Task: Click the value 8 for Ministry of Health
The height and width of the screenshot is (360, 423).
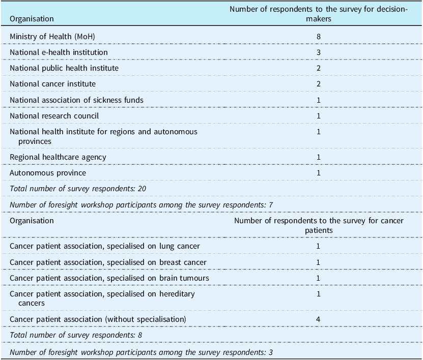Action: tap(319, 37)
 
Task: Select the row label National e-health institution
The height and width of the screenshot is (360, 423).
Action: tap(59, 52)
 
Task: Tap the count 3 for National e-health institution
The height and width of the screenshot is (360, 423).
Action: tap(319, 52)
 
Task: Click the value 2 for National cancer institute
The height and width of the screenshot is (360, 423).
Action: tap(319, 84)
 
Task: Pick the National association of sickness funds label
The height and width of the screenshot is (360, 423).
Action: tap(76, 100)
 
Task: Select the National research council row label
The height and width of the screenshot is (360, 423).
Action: tap(54, 116)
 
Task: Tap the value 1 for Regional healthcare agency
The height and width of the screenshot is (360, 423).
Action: tap(319, 157)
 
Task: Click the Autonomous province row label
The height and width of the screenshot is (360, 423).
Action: tap(48, 173)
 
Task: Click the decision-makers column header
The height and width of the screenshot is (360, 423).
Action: tap(319, 14)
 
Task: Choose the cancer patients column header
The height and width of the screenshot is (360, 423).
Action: tap(319, 225)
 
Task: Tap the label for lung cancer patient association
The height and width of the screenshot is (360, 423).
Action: tap(104, 246)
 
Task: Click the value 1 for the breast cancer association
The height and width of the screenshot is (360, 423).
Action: tap(319, 262)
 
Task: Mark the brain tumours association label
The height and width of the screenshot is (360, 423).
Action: tap(109, 278)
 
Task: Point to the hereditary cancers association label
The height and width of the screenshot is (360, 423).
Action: tap(102, 298)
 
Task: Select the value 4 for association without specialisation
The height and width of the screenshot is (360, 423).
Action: tap(319, 319)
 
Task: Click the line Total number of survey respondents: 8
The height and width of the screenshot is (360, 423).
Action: tap(76, 335)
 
